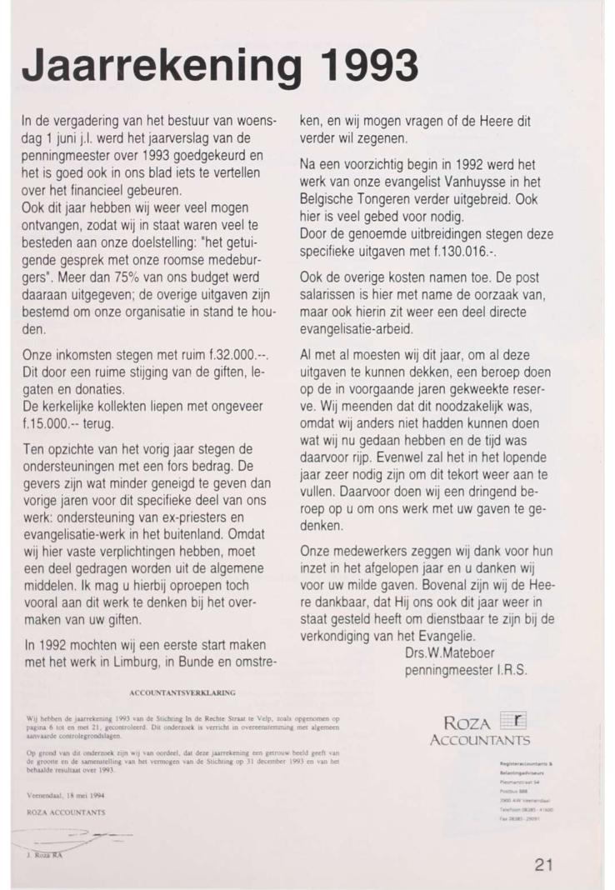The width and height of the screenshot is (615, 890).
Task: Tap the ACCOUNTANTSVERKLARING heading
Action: (x=182, y=692)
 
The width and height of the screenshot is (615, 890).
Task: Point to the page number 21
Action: (x=543, y=865)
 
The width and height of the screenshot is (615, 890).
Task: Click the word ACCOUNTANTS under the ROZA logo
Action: (x=479, y=740)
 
